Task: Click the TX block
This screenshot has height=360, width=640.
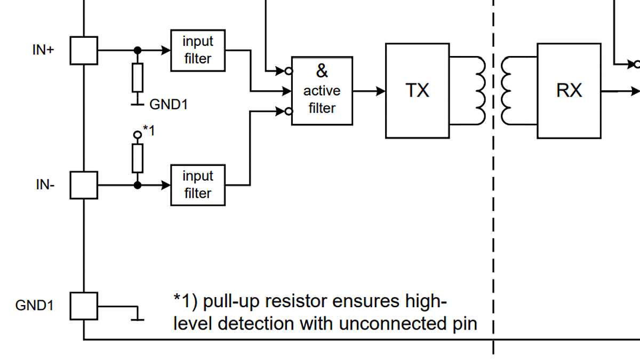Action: click(x=417, y=91)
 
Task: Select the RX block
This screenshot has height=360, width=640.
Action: click(x=569, y=91)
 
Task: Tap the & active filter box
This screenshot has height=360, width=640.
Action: click(x=322, y=91)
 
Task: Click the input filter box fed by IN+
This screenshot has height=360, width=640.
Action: click(x=198, y=51)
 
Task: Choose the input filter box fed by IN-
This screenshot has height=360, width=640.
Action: click(x=198, y=185)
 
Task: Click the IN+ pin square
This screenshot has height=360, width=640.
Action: click(x=84, y=51)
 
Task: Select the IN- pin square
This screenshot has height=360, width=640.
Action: click(x=84, y=185)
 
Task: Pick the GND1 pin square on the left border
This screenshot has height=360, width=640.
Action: click(x=84, y=306)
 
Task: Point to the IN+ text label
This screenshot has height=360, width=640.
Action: click(x=43, y=51)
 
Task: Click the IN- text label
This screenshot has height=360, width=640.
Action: click(x=44, y=185)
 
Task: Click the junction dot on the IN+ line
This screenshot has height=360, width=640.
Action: click(x=138, y=51)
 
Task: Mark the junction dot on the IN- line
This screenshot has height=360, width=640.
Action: click(x=138, y=185)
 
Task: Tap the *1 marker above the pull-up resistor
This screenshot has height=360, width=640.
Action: click(x=149, y=130)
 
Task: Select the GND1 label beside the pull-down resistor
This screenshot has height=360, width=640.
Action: click(x=169, y=104)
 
